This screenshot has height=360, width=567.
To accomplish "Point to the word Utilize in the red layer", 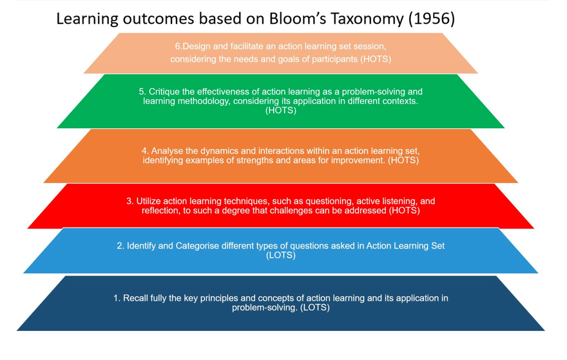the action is pos(148,201).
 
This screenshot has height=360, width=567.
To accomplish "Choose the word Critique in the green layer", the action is pos(164,91).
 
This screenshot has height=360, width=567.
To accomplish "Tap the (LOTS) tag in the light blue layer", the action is pos(281,255).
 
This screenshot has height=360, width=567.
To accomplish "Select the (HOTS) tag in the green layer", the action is pos(281,110).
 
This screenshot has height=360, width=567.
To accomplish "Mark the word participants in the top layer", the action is pos(337,59).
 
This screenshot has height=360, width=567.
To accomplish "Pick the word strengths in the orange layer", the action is pos(255,160).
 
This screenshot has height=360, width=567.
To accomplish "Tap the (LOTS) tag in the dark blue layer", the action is pos(315,308).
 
